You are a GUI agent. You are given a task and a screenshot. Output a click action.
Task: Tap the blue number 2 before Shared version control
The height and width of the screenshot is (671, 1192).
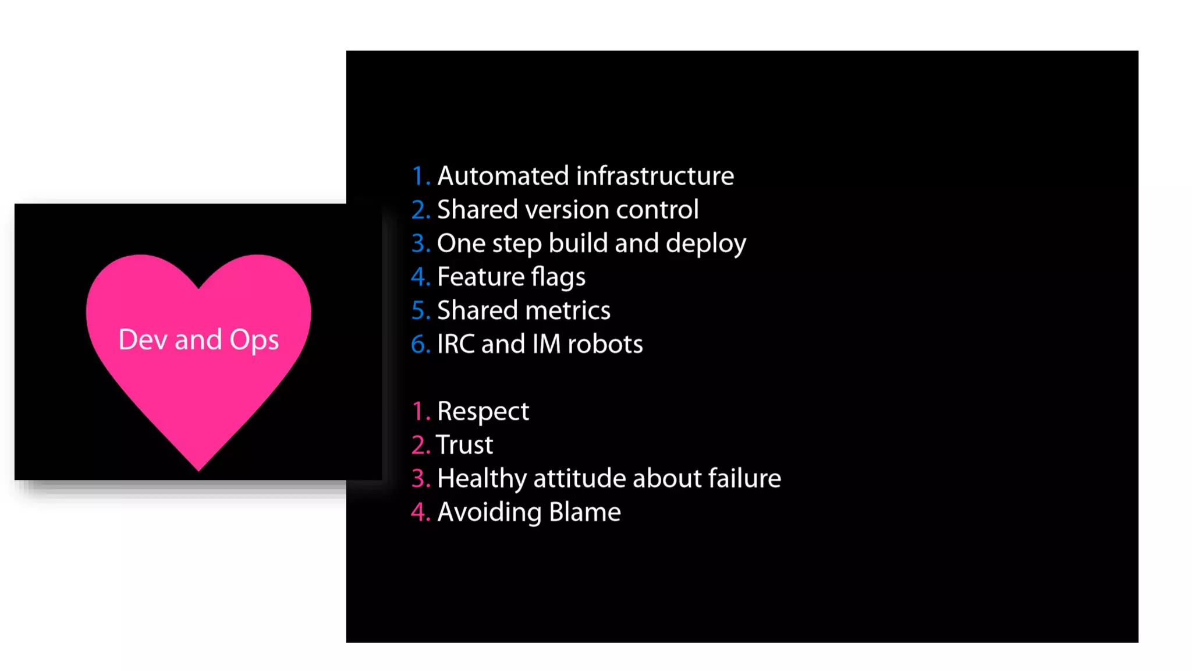pyautogui.click(x=418, y=210)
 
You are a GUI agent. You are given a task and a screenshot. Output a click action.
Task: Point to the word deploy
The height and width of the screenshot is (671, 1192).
pyautogui.click(x=705, y=243)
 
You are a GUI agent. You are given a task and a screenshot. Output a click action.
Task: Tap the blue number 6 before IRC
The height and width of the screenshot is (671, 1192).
pyautogui.click(x=419, y=344)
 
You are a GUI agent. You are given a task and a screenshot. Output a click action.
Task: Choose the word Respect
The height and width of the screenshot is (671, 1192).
pyautogui.click(x=483, y=411)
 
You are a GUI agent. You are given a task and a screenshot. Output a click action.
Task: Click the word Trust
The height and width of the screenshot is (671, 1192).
pyautogui.click(x=464, y=445)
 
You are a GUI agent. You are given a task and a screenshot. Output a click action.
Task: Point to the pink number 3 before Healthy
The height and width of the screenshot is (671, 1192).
pyautogui.click(x=419, y=478)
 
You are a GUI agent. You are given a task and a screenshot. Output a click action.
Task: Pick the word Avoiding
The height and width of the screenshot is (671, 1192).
pyautogui.click(x=489, y=513)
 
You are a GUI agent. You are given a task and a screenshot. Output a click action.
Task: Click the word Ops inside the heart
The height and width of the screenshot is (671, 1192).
pyautogui.click(x=254, y=340)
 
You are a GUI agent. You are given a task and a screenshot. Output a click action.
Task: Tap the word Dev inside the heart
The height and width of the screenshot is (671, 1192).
pyautogui.click(x=143, y=340)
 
